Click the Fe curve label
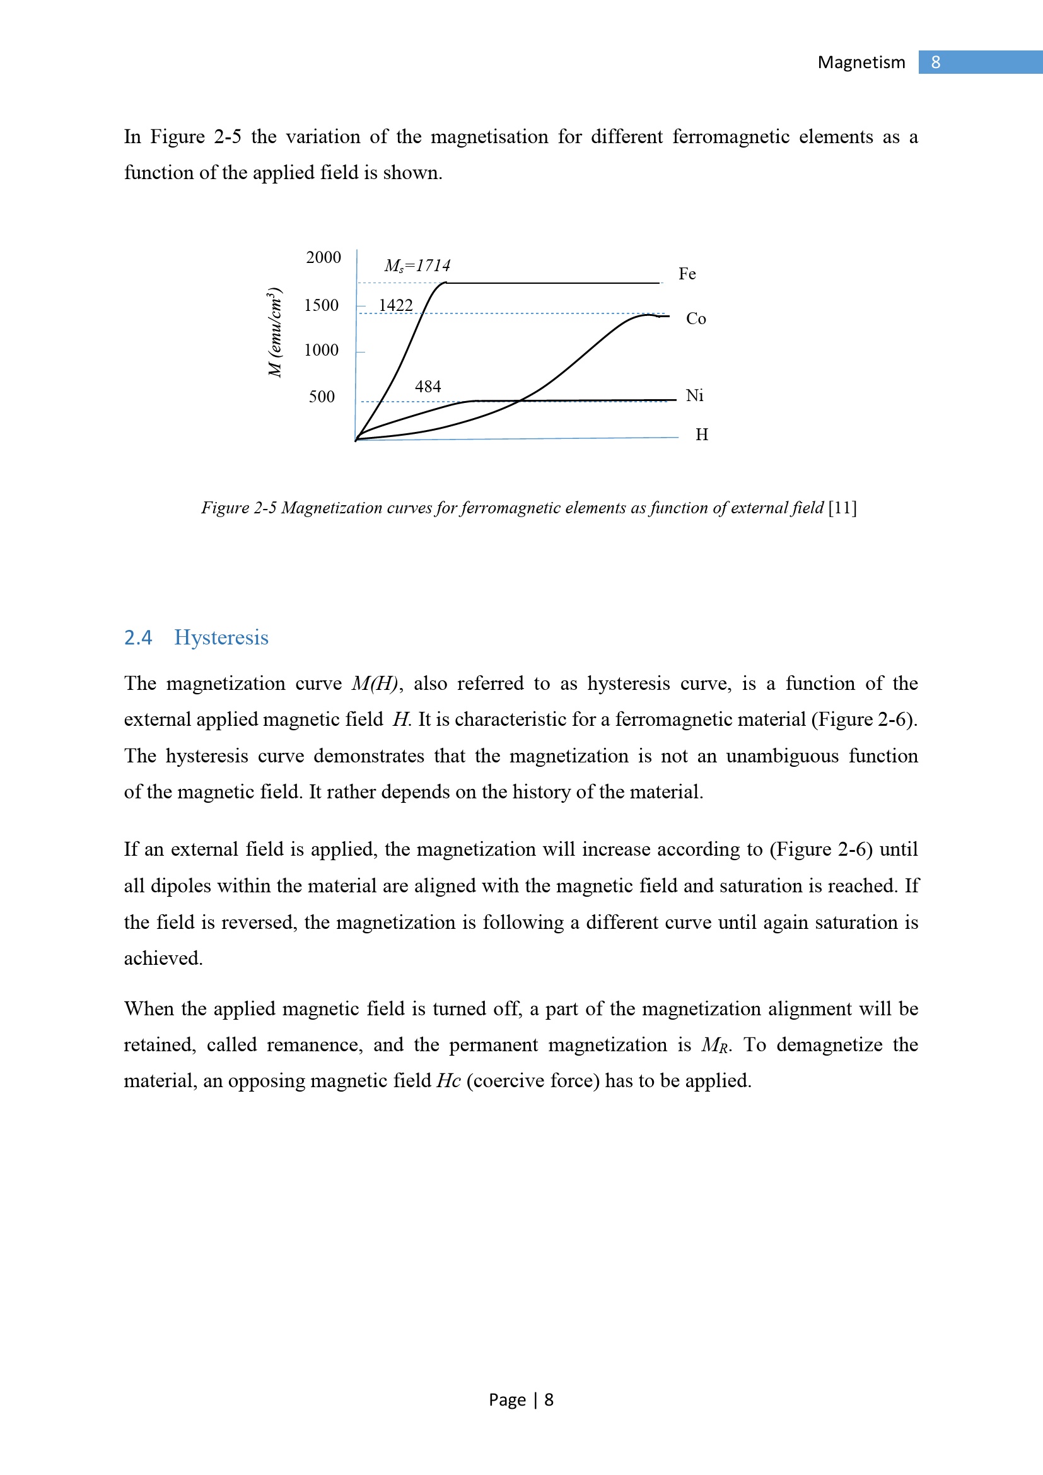point(687,274)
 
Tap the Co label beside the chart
point(696,318)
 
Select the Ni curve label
point(694,396)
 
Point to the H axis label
point(701,435)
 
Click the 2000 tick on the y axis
point(323,258)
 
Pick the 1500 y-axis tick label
point(321,305)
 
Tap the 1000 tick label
point(321,350)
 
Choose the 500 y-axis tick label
point(322,397)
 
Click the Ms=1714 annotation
point(417,265)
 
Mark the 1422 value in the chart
point(395,305)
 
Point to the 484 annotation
point(428,387)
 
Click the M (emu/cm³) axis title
point(275,333)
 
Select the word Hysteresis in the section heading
point(221,638)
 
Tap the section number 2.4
point(137,638)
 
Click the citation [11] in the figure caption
point(842,508)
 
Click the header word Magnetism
point(861,62)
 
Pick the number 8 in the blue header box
point(936,62)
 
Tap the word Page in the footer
point(507,1400)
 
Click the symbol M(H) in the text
point(375,684)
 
